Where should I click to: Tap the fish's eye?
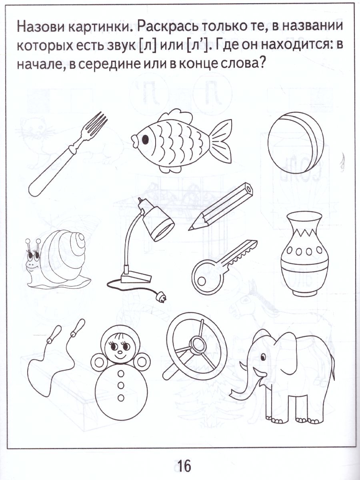145,139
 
